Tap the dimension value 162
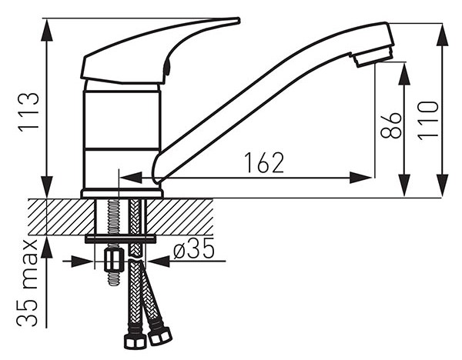pyautogui.click(x=264, y=162)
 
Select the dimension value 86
pyautogui.click(x=390, y=125)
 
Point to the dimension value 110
pyautogui.click(x=428, y=121)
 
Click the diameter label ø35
pyautogui.click(x=193, y=248)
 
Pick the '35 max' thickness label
pyautogui.click(x=27, y=283)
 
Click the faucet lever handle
pyautogui.click(x=159, y=50)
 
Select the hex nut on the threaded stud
pyautogui.click(x=113, y=260)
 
